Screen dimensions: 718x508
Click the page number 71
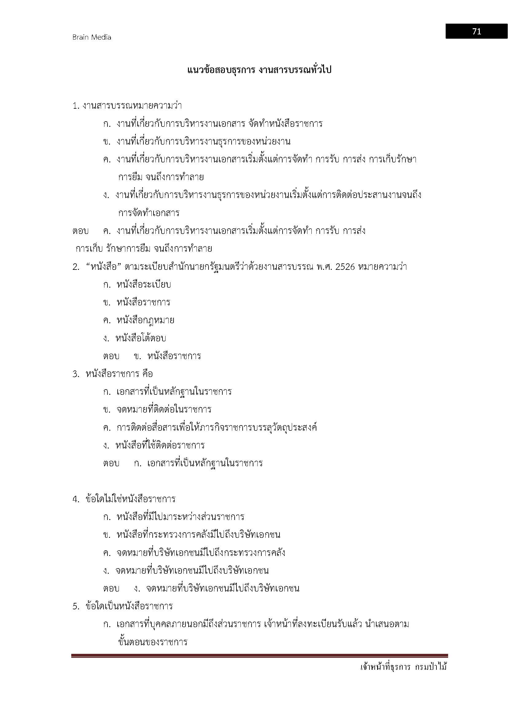[476, 32]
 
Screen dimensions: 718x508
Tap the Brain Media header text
[92, 37]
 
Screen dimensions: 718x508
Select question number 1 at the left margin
[75, 106]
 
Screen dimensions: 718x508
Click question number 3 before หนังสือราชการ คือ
[76, 374]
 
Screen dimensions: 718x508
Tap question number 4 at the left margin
[76, 499]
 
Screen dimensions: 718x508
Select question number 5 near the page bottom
[76, 606]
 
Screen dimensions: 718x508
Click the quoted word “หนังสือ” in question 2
[103, 267]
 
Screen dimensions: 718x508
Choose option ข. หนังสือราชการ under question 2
[143, 302]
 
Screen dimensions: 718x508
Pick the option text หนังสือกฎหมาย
[146, 320]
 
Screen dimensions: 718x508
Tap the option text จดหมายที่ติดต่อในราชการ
[164, 410]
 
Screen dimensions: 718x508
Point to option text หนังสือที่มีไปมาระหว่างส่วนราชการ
[180, 517]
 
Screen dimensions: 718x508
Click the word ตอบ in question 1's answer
[80, 231]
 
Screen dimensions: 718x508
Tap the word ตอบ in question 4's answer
[111, 588]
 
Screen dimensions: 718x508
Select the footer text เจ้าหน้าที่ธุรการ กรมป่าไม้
[404, 675]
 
